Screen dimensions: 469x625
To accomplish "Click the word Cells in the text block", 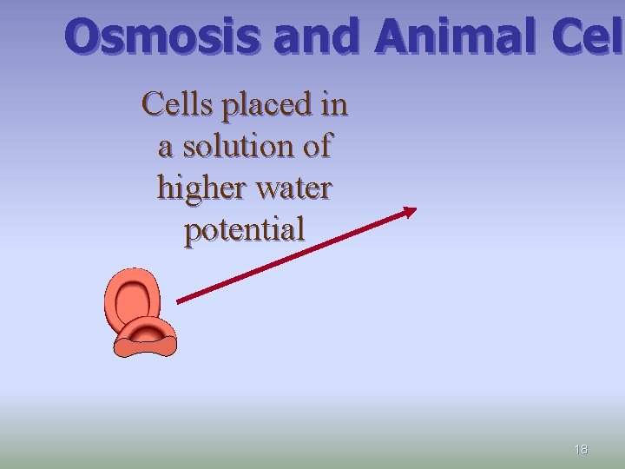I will (178, 104).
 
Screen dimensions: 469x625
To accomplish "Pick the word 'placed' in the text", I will (266, 106).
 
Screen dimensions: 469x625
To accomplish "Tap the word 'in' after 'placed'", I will (334, 104).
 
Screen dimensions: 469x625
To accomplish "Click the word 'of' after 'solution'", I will (315, 146).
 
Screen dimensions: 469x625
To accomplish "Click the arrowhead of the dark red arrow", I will (411, 210).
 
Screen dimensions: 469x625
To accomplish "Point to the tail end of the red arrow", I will (180, 301).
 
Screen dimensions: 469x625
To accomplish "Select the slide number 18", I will (581, 449).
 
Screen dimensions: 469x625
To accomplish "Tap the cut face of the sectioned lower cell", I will (146, 347).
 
